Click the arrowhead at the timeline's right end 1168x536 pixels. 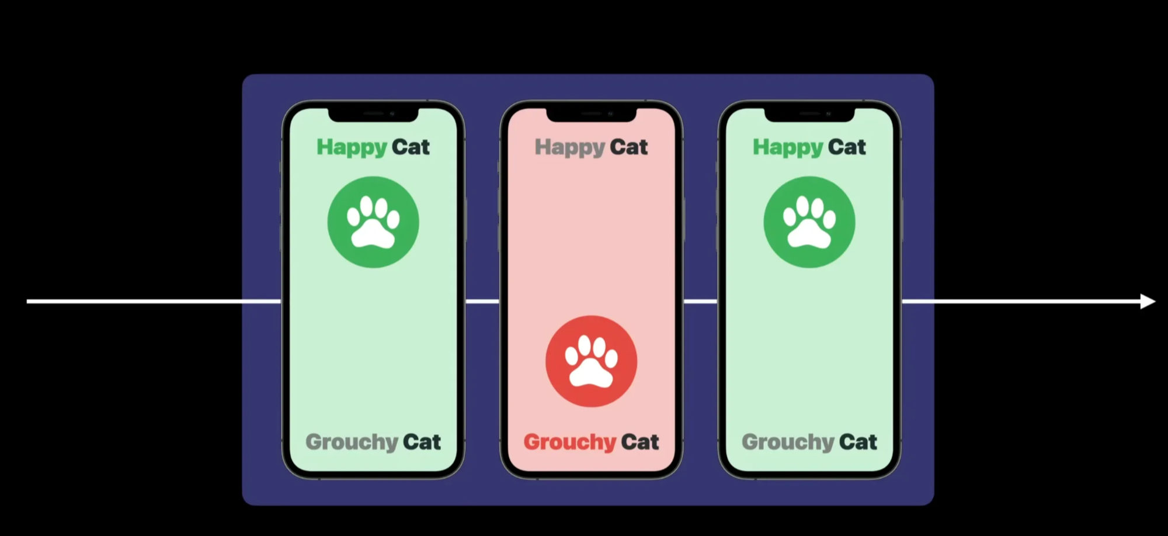point(1148,302)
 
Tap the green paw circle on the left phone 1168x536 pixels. point(373,222)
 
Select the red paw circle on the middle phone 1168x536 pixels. point(591,361)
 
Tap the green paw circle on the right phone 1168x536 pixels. point(809,222)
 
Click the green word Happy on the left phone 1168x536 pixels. point(352,147)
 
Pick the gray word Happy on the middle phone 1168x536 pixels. point(570,147)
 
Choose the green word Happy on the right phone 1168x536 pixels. point(788,147)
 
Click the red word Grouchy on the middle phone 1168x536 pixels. point(569,442)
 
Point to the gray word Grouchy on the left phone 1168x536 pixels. point(352,442)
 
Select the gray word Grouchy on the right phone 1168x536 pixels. point(788,442)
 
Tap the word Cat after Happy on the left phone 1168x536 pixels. point(411,147)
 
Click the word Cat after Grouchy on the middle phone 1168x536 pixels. point(639,442)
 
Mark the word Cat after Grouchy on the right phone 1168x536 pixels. point(858,442)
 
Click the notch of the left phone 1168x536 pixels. point(373,114)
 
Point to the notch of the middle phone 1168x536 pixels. point(591,114)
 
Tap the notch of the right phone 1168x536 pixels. point(809,114)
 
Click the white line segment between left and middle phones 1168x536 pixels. point(482,302)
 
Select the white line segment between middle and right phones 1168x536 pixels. point(700,302)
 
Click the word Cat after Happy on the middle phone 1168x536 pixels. point(628,147)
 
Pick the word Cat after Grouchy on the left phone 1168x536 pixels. point(422,442)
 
